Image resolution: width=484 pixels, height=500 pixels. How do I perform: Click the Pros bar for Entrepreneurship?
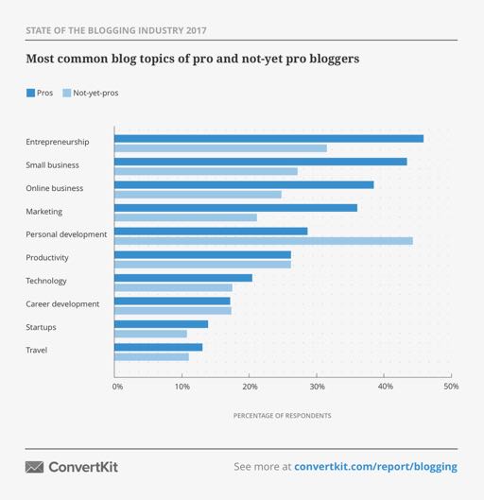(268, 139)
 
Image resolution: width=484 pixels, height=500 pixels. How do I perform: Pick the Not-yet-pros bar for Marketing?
(185, 217)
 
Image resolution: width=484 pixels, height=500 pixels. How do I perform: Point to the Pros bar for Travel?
(158, 347)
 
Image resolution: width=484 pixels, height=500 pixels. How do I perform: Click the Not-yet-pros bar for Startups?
(150, 334)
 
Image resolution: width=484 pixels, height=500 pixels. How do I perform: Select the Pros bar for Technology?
(183, 278)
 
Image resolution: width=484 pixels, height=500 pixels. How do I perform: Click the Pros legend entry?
(40, 93)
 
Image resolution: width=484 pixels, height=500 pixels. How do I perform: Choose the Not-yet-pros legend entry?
(91, 93)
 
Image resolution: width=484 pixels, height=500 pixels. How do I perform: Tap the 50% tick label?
(451, 387)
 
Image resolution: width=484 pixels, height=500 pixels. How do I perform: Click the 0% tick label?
(117, 387)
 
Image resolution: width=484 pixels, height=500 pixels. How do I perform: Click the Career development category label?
(62, 303)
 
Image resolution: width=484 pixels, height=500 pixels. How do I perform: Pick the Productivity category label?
(47, 257)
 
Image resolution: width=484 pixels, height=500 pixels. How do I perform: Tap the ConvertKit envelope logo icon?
(34, 467)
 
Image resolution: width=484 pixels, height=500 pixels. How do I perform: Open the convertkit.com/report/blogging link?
(375, 467)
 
